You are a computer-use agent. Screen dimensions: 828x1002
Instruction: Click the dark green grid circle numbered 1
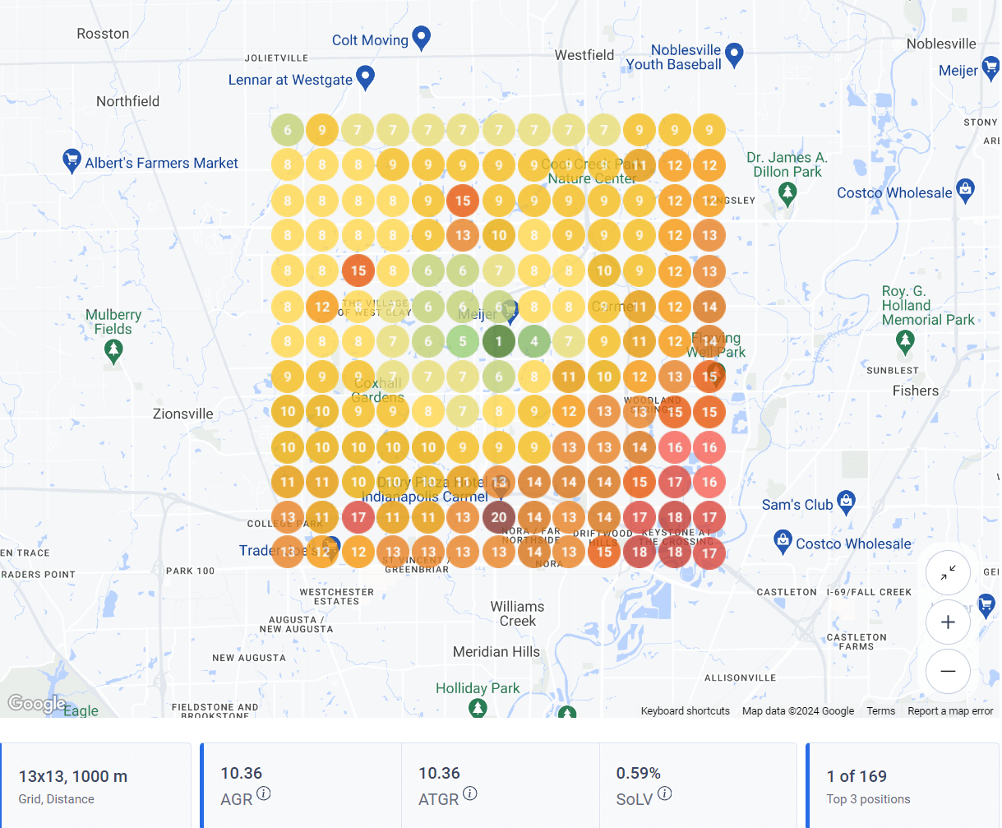[498, 341]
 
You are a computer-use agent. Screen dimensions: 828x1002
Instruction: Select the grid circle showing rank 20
[498, 517]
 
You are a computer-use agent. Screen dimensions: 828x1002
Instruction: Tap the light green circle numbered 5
[463, 341]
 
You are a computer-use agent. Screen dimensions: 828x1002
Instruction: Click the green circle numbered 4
[534, 341]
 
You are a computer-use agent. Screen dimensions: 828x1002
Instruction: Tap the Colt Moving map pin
[421, 37]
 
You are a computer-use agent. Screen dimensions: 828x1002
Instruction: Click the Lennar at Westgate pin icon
[365, 77]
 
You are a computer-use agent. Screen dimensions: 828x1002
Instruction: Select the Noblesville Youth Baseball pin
[734, 54]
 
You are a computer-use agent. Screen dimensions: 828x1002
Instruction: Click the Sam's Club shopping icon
[846, 500]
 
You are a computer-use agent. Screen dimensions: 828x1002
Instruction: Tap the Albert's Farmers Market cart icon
[72, 160]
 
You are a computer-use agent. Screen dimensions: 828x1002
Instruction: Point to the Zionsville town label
[182, 414]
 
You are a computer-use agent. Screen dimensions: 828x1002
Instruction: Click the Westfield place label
[584, 55]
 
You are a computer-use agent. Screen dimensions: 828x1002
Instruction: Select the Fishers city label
[915, 391]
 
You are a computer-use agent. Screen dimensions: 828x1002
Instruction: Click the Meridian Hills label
[496, 652]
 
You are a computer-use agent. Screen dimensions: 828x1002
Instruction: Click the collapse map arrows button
[948, 573]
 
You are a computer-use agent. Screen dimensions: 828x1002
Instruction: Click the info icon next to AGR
[263, 793]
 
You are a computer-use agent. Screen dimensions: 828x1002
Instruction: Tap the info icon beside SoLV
[665, 793]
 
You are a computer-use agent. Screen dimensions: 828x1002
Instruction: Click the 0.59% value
[638, 773]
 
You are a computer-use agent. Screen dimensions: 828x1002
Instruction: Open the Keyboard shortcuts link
[685, 711]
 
